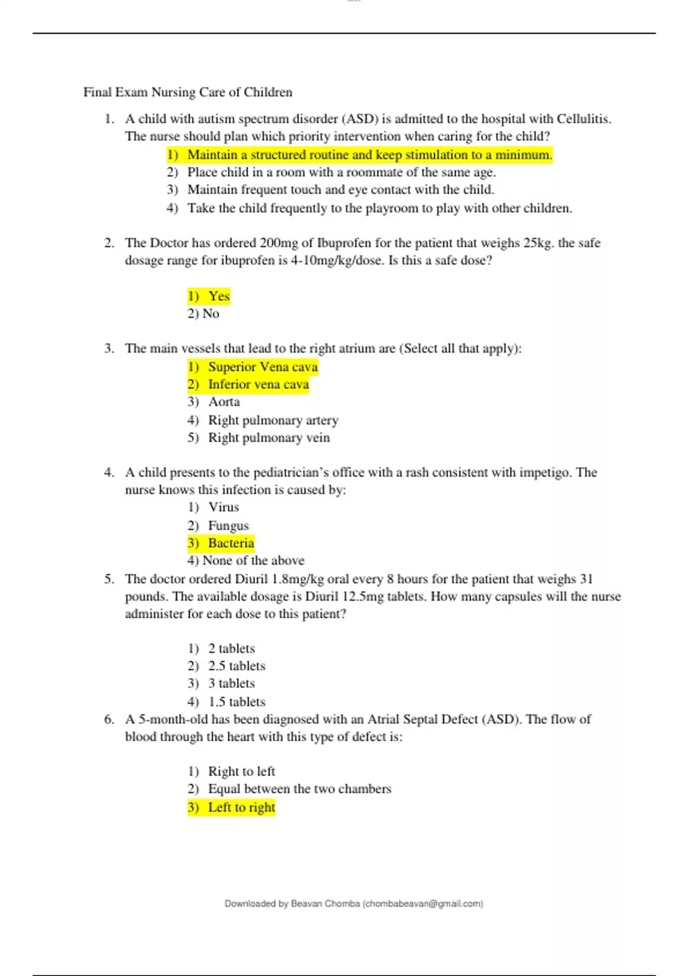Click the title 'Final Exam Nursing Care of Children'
pyautogui.click(x=188, y=92)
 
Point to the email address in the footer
pyautogui.click(x=423, y=904)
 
